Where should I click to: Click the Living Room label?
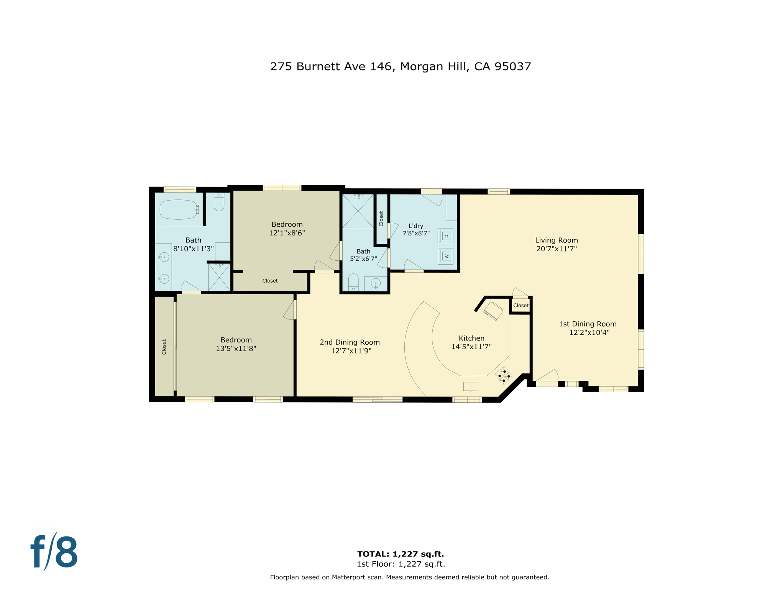pyautogui.click(x=556, y=240)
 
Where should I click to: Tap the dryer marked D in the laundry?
pyautogui.click(x=445, y=236)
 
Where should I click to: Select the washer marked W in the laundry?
pyautogui.click(x=445, y=256)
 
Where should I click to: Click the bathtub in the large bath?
pyautogui.click(x=179, y=210)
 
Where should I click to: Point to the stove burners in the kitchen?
pyautogui.click(x=504, y=376)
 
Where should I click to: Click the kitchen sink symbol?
pyautogui.click(x=470, y=387)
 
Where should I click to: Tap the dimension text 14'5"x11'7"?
pyautogui.click(x=471, y=347)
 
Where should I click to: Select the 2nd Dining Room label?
pyautogui.click(x=350, y=342)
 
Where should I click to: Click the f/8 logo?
pyautogui.click(x=54, y=552)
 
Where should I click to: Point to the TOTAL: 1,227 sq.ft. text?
pyautogui.click(x=400, y=554)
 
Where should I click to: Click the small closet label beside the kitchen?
pyautogui.click(x=521, y=306)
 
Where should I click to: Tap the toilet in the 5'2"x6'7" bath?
pyautogui.click(x=353, y=283)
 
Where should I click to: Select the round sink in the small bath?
pyautogui.click(x=376, y=284)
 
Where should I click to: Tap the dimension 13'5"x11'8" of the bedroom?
pyautogui.click(x=236, y=349)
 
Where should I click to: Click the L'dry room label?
pyautogui.click(x=416, y=226)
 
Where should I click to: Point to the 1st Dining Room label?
pyautogui.click(x=587, y=324)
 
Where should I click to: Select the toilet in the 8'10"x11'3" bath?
pyautogui.click(x=219, y=202)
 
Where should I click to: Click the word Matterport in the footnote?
pyautogui.click(x=349, y=577)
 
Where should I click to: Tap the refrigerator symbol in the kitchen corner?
pyautogui.click(x=493, y=311)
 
